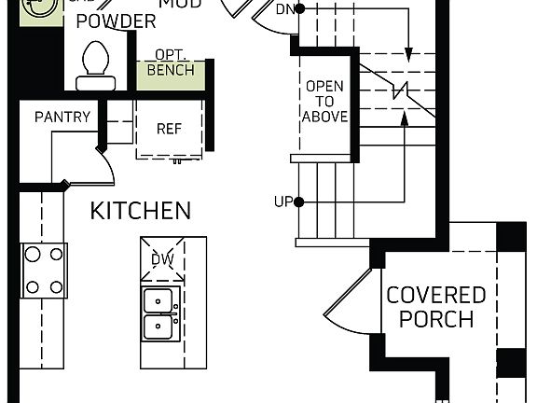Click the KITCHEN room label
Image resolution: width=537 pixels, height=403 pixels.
point(141,211)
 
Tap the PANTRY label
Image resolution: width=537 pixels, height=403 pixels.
point(62,117)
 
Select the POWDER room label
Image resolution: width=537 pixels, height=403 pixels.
point(116,21)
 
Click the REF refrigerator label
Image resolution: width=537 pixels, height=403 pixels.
point(169,129)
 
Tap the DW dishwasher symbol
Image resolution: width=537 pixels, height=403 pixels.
point(162,258)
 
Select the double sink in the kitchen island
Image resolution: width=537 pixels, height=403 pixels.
point(162,314)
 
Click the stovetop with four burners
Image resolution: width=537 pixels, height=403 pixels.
point(44,271)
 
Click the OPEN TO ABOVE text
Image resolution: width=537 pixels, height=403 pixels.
point(325,102)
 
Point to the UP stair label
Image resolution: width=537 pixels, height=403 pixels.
point(283,201)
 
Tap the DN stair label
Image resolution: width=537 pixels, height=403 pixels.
point(286,9)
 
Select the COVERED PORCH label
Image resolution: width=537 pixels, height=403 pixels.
point(436,307)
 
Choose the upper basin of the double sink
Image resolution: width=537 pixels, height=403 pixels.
point(162,301)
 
